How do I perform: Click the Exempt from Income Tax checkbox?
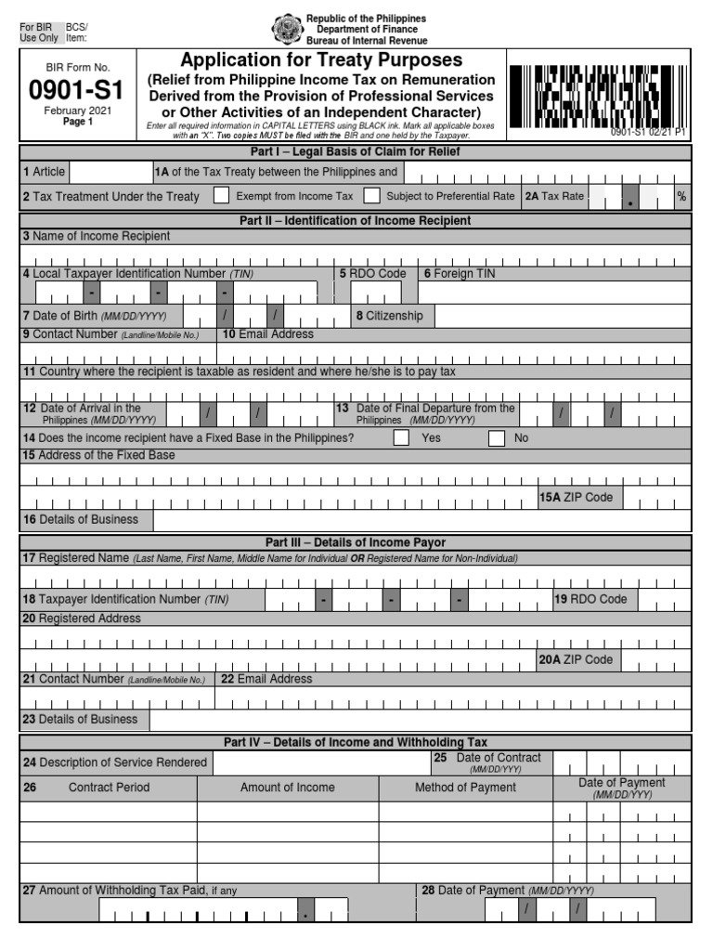221,196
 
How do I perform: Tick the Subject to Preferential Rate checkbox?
371,196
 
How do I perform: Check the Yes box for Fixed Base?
401,437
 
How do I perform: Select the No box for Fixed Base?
497,437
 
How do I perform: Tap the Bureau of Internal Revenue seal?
286,29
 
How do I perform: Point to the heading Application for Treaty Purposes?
321,60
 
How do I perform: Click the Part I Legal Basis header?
355,151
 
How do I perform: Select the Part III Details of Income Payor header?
355,542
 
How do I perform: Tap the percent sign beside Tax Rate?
681,196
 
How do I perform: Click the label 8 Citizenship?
389,316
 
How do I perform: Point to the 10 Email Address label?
267,334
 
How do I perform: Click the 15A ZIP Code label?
577,497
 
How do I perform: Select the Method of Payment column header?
465,788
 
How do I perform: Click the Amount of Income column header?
288,788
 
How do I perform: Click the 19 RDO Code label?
590,599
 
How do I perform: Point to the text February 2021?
77,111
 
